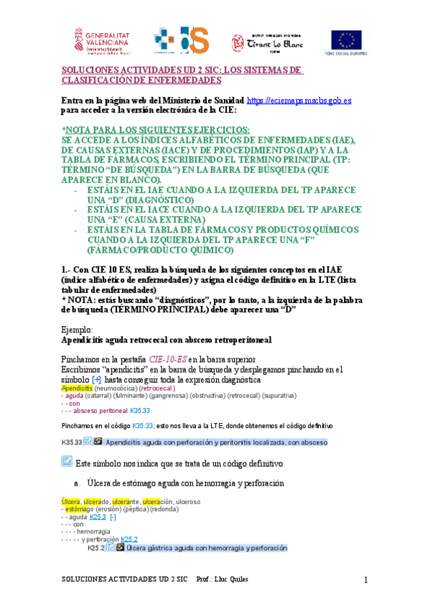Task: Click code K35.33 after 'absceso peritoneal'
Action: coord(141,411)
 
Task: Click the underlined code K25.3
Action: coord(99,516)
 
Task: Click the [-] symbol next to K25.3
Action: coord(113,516)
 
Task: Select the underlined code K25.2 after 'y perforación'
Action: coord(129,539)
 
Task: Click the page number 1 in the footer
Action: coord(365,580)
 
